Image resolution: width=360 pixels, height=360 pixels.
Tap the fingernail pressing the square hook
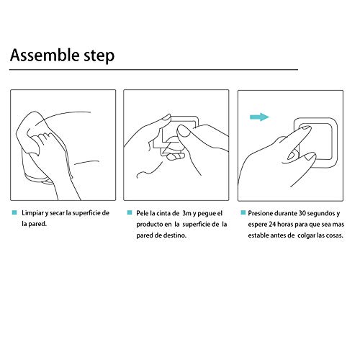[305, 129]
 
